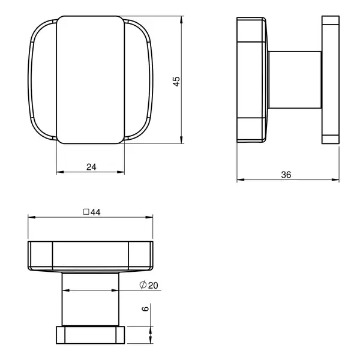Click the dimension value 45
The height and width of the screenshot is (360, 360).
176,82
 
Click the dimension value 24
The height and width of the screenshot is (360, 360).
91,167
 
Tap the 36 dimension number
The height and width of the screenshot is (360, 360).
286,175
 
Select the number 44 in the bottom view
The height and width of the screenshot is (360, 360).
95,212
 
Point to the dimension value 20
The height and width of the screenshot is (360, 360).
153,286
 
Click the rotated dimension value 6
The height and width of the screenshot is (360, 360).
145,308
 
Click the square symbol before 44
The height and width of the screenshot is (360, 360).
86,212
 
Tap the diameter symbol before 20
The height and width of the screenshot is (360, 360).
143,285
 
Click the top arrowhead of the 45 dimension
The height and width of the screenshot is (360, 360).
181,20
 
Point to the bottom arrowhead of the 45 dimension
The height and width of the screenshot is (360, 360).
181,140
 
